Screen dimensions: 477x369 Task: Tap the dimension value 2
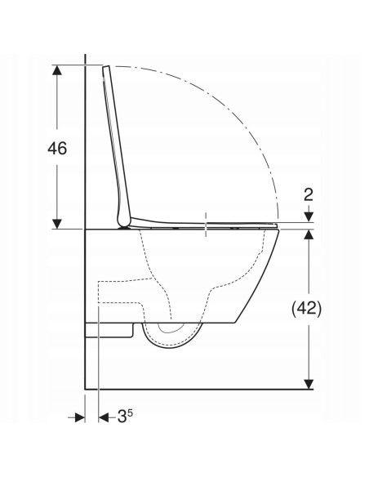(309, 194)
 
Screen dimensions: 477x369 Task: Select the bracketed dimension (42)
(309, 309)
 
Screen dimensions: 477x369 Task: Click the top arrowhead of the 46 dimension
(56, 70)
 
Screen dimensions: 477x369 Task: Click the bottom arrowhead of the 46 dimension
(56, 223)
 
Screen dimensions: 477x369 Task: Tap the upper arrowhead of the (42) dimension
(309, 236)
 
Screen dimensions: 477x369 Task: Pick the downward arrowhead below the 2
(309, 216)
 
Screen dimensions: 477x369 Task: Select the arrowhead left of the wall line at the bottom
(79, 417)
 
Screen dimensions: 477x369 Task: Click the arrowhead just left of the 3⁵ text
(104, 417)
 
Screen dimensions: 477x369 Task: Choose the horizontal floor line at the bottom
(196, 386)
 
